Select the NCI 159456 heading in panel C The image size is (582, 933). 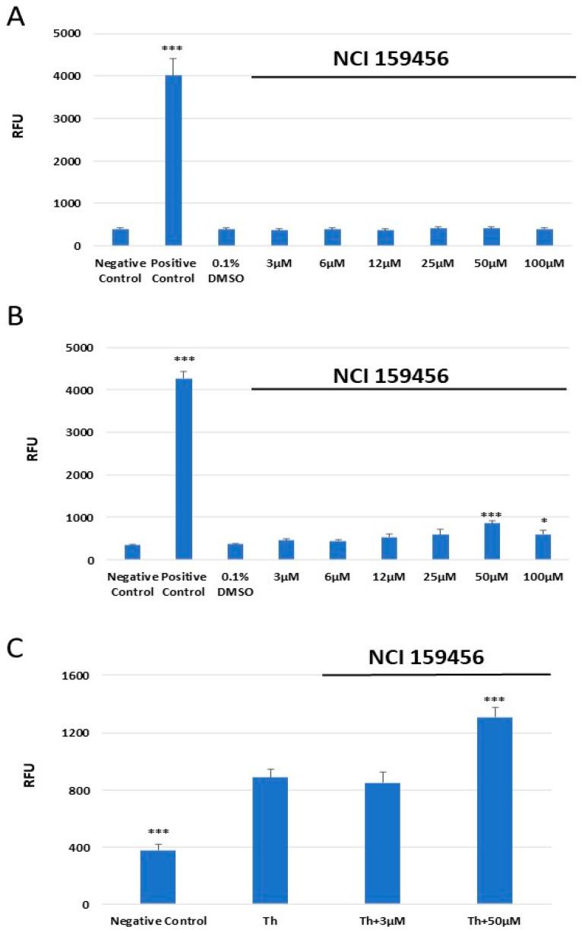(426, 658)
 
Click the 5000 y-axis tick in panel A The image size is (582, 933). (67, 33)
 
